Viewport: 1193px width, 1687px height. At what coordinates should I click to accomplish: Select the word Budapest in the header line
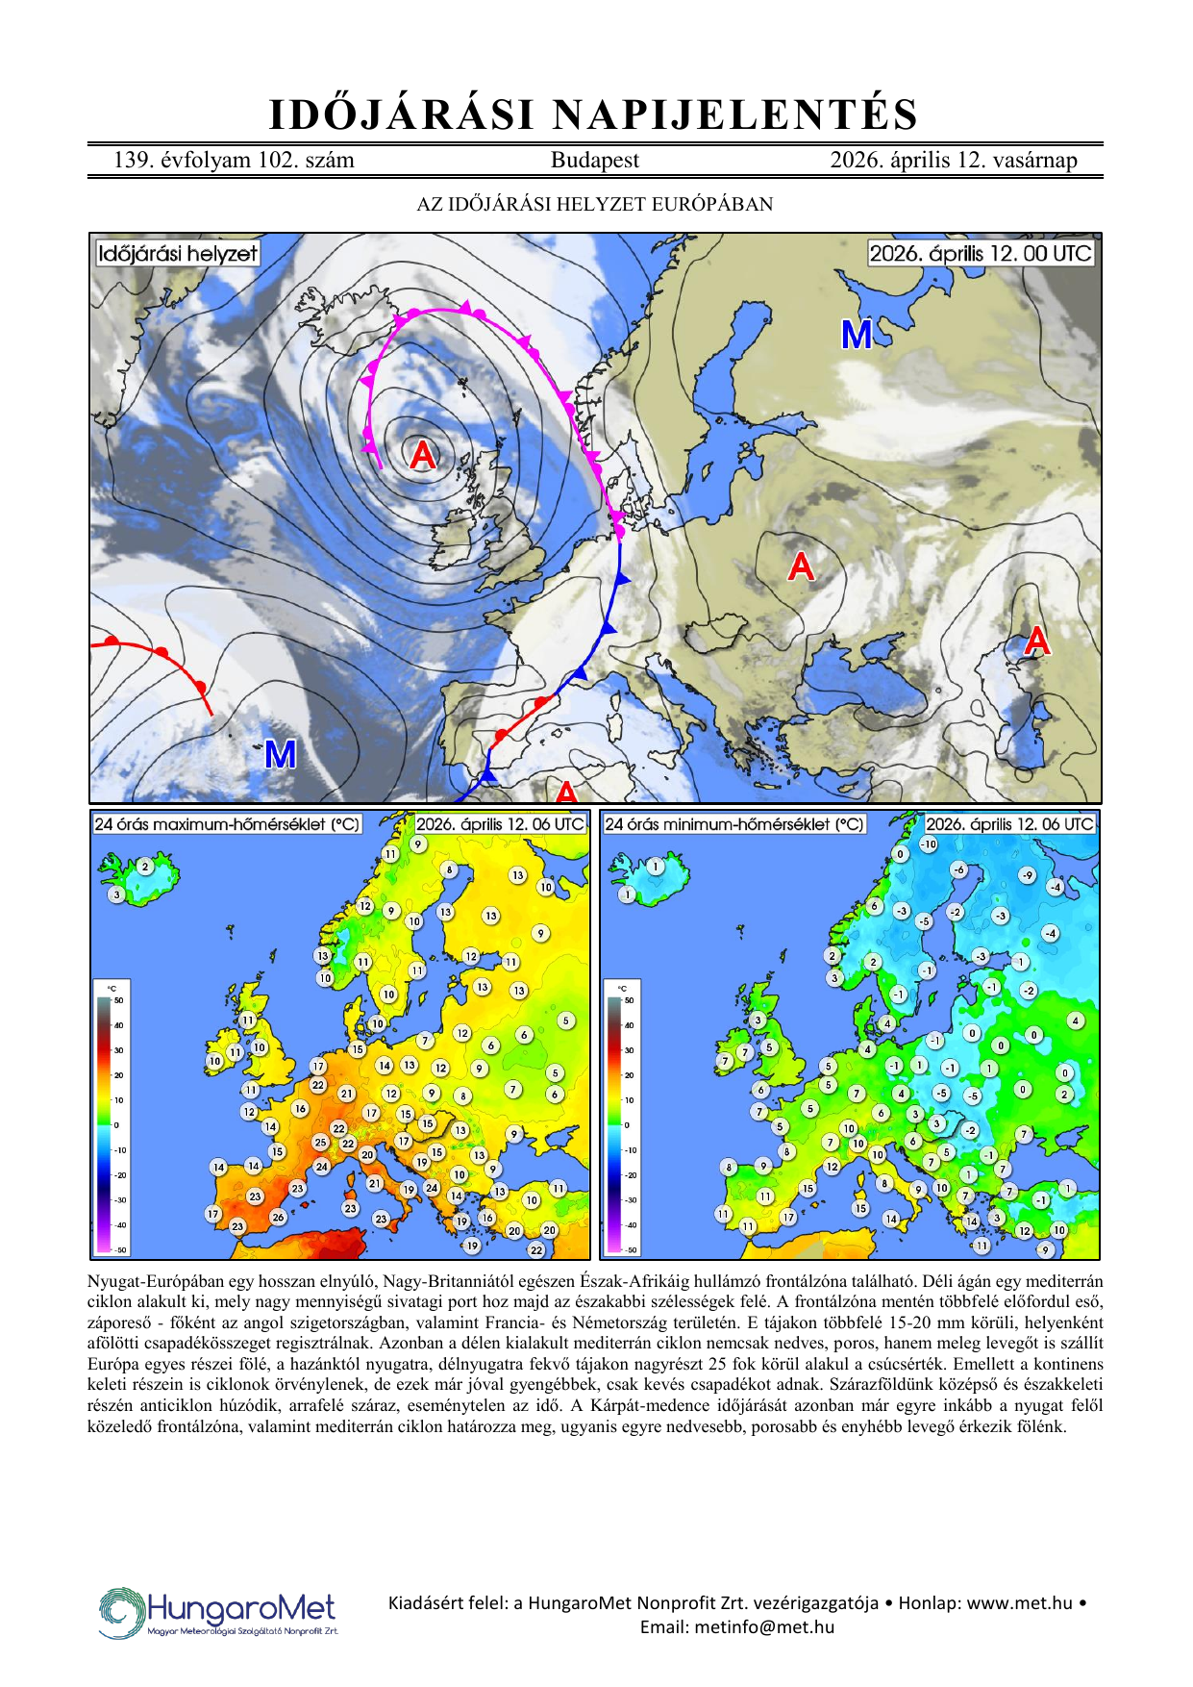point(594,161)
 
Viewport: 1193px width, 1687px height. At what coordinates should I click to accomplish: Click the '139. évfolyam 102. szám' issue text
point(234,161)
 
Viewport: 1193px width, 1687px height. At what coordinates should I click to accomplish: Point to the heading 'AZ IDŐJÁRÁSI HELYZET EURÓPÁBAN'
point(594,204)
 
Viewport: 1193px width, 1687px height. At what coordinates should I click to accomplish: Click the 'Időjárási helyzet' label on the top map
point(178,254)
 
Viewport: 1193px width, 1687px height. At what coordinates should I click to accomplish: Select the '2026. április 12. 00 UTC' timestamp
point(981,254)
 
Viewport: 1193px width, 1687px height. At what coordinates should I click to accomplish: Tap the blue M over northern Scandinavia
point(857,335)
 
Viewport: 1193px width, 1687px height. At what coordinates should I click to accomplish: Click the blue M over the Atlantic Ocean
point(280,754)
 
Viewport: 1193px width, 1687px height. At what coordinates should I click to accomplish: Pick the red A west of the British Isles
point(422,454)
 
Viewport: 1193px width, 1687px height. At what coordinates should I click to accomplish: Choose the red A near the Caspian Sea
point(1036,641)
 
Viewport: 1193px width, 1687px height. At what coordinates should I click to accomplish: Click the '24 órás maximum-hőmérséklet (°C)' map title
point(227,824)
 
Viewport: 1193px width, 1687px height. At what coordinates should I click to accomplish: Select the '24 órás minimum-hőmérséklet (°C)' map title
point(734,824)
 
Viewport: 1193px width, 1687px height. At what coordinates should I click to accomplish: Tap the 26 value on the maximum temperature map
point(278,1217)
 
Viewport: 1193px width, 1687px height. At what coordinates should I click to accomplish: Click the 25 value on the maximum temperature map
point(320,1143)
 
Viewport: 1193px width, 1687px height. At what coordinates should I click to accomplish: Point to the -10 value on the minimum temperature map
point(929,844)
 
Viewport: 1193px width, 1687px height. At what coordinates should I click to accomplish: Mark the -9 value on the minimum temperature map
point(1028,875)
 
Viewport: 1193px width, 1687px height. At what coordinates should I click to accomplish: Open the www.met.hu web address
point(1019,1602)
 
